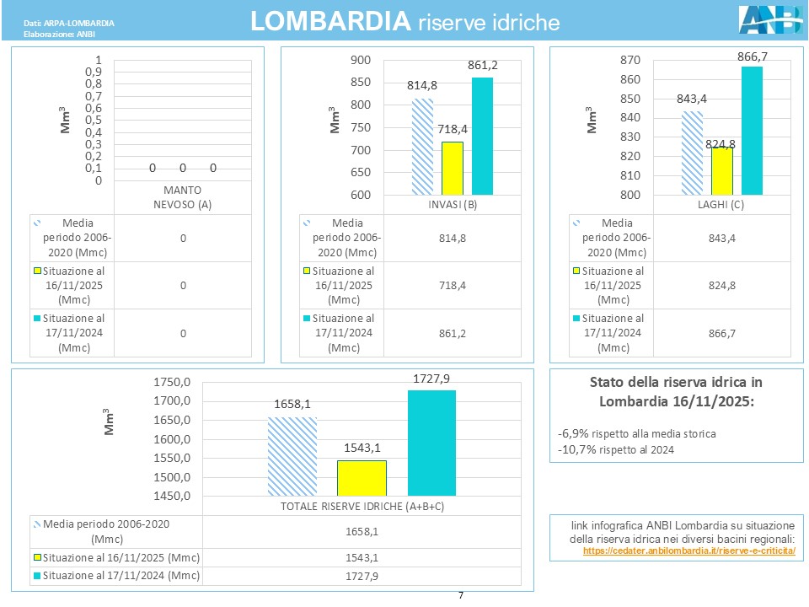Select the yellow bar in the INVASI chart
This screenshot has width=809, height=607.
[x=453, y=168]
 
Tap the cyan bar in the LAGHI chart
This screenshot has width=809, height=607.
[x=752, y=130]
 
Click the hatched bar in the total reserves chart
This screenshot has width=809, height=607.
[x=292, y=456]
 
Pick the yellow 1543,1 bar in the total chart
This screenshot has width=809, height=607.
[x=362, y=477]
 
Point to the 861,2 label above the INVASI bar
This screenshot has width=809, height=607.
[x=482, y=65]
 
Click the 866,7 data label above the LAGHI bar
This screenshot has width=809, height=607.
[x=753, y=56]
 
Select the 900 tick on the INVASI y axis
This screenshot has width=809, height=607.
[x=361, y=60]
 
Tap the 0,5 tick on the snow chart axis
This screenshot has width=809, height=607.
[x=93, y=120]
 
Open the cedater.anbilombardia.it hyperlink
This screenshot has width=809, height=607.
[x=688, y=551]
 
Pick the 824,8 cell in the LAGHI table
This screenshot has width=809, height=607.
[x=727, y=286]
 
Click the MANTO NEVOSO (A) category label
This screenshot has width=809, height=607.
[x=181, y=196]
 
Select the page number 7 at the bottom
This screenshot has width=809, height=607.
[x=461, y=595]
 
